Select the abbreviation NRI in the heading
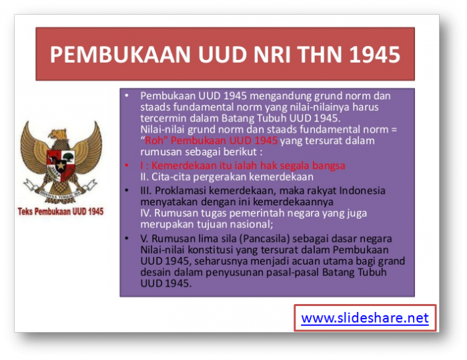pos(257,55)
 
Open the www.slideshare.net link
pos(364,318)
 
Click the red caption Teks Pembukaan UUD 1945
pos(61,211)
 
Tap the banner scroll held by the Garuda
pos(61,193)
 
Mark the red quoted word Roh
pos(155,141)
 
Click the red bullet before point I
pos(127,165)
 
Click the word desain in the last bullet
pos(157,272)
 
